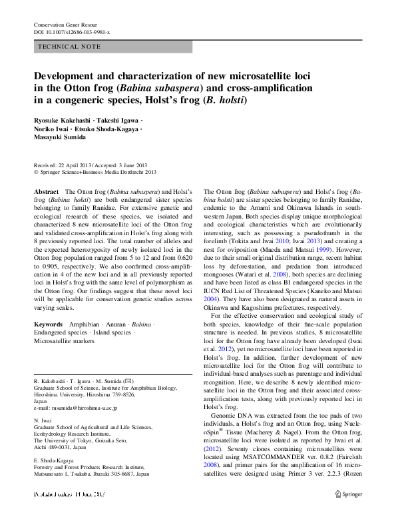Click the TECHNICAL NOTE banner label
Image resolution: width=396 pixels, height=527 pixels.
click(x=70, y=47)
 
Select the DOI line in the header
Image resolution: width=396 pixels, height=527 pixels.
click(x=72, y=31)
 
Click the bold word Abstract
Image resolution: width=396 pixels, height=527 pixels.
click(x=46, y=191)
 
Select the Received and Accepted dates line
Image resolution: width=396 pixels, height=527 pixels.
click(x=87, y=165)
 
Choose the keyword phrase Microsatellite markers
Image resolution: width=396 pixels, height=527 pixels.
click(x=64, y=341)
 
